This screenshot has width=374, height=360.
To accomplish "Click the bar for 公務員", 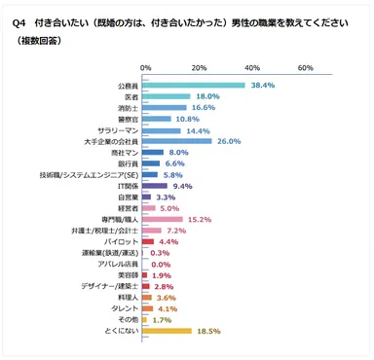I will [194, 86].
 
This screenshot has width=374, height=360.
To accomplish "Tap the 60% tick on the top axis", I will [304, 68].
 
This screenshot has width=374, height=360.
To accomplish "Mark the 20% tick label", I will [198, 68].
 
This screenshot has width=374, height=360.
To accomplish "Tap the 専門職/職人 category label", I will [121, 219].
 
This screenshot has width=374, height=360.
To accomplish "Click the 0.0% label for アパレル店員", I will [162, 264].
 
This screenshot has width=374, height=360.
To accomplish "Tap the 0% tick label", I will [145, 68].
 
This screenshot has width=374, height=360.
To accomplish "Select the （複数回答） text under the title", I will [33, 41].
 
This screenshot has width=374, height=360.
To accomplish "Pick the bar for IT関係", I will [156, 185].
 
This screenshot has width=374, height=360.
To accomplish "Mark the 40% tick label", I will [250, 68].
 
